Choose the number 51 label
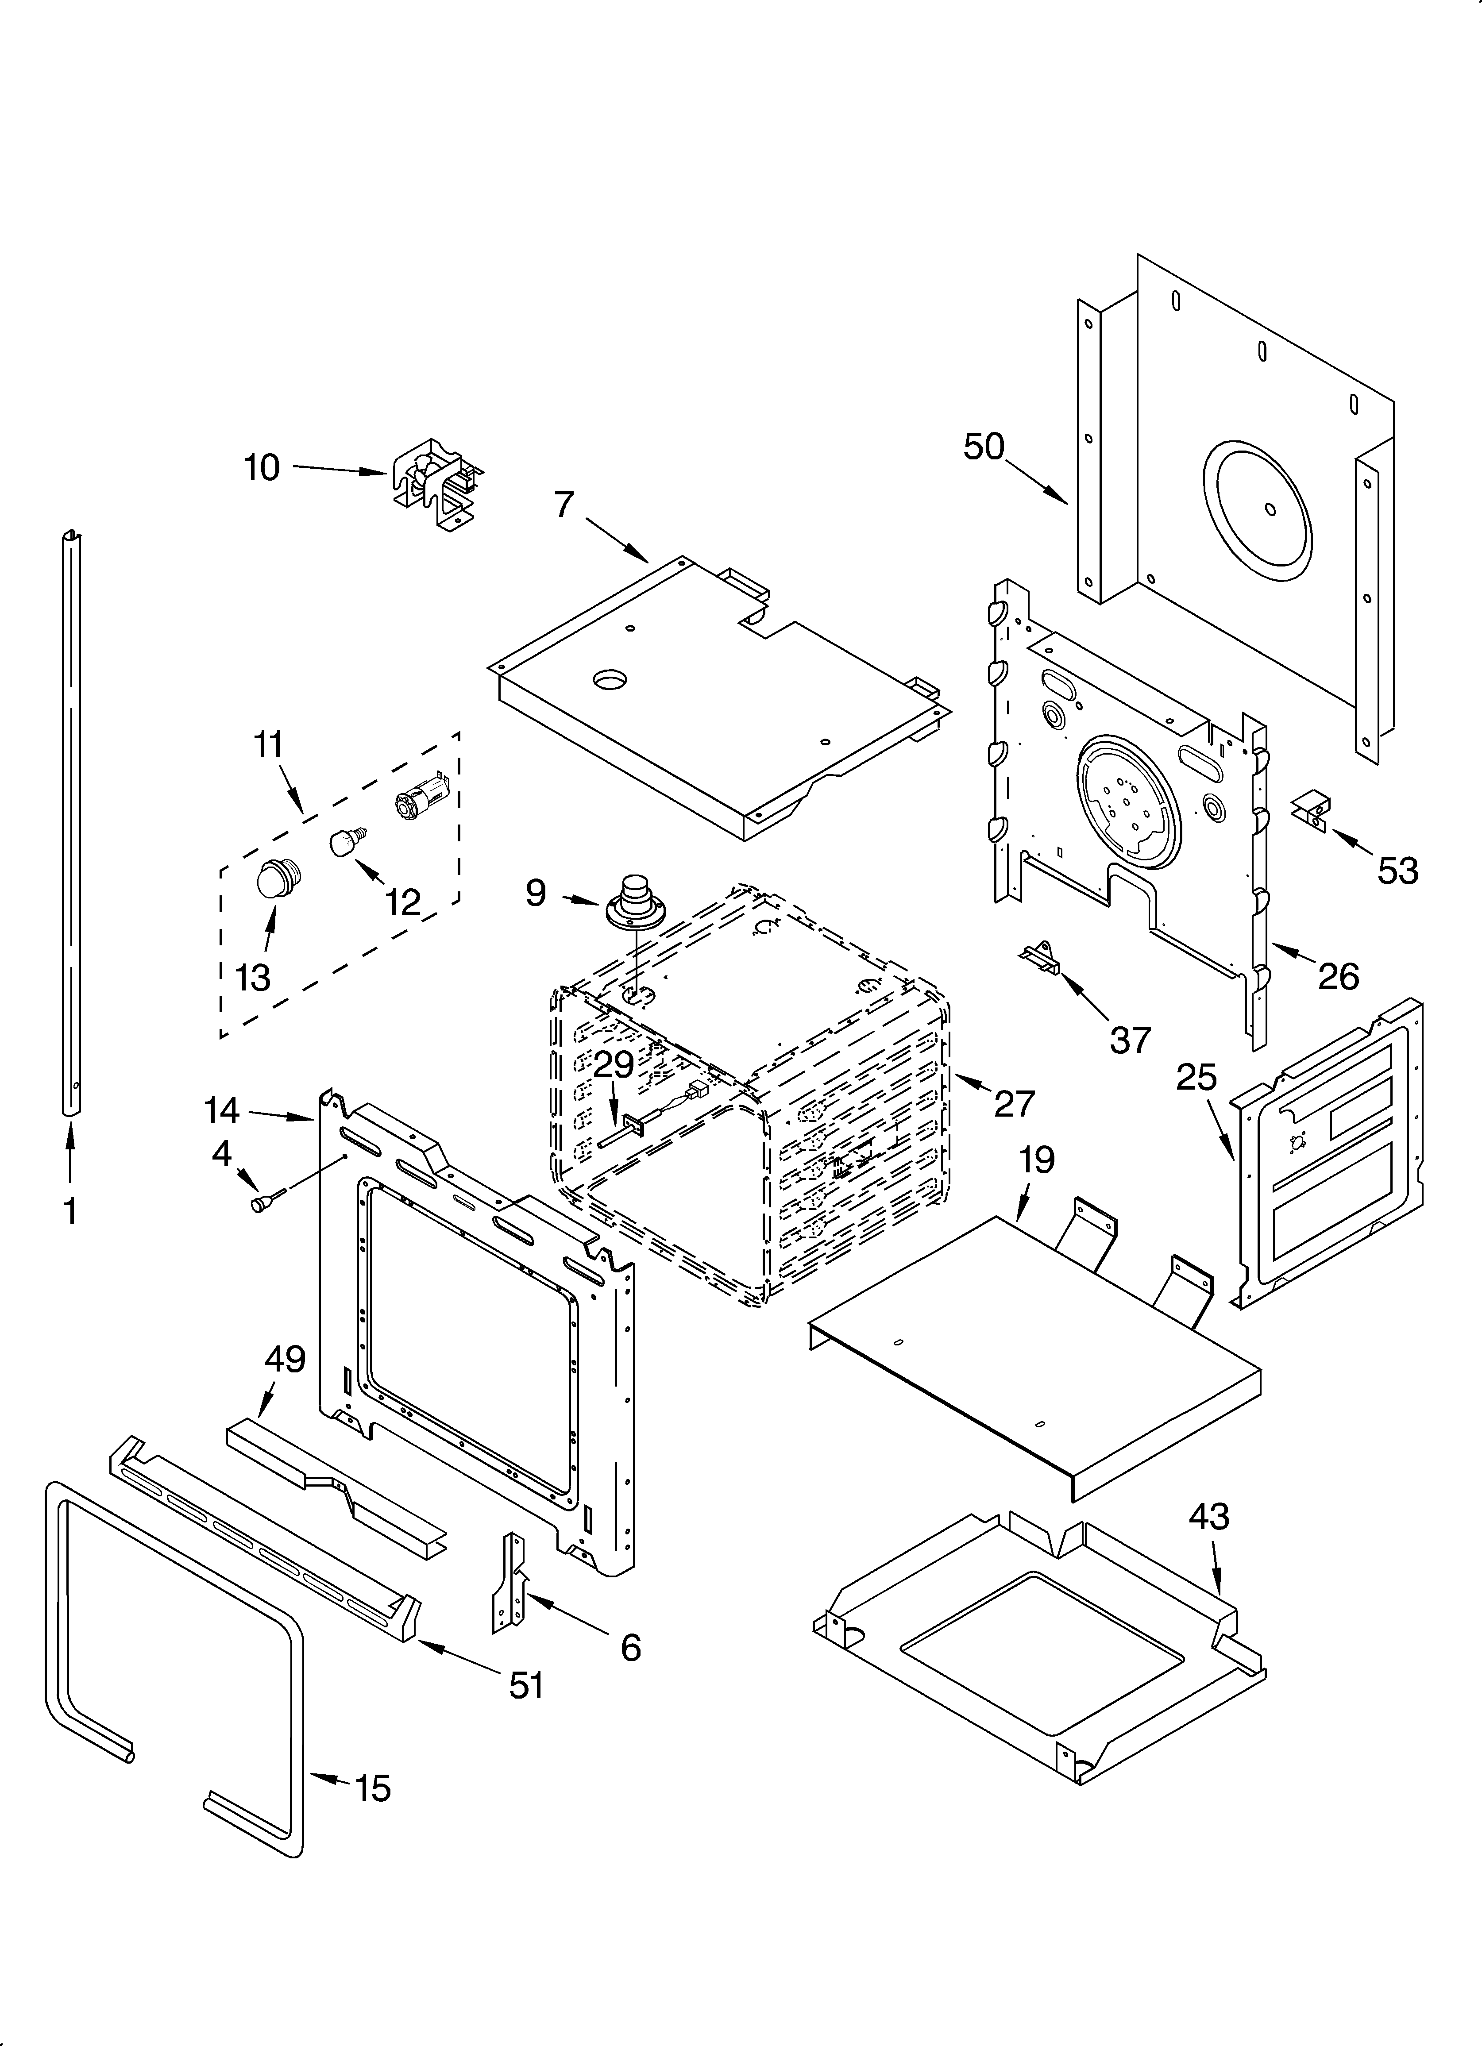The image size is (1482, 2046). [526, 1684]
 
